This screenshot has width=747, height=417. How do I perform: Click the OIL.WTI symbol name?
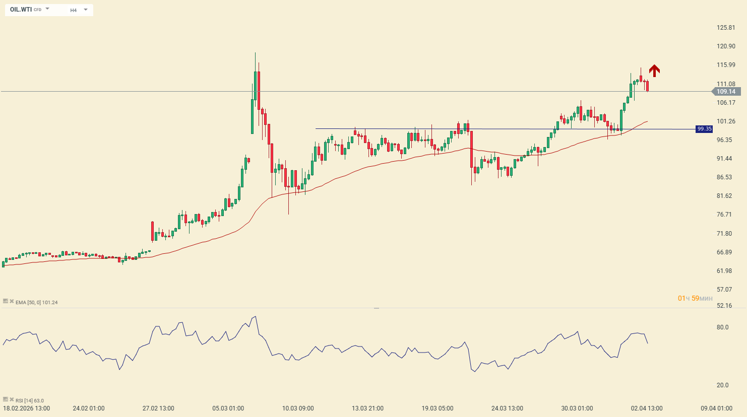pyautogui.click(x=21, y=10)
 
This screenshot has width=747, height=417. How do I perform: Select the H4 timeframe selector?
pyautogui.click(x=74, y=10)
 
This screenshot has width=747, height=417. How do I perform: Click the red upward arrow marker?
pyautogui.click(x=654, y=71)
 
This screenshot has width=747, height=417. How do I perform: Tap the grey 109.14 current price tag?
pyautogui.click(x=726, y=92)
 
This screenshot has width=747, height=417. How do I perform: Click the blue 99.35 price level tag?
pyautogui.click(x=704, y=129)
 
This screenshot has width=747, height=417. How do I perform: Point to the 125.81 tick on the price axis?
pyautogui.click(x=726, y=28)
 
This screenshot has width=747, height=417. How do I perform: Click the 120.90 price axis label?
pyautogui.click(x=726, y=46)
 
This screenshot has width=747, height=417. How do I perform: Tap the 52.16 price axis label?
pyautogui.click(x=724, y=306)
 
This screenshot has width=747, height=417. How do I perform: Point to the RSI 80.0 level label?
pyautogui.click(x=722, y=327)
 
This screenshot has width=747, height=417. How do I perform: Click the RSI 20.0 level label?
pyautogui.click(x=722, y=385)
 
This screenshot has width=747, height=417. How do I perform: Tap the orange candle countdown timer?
pyautogui.click(x=695, y=299)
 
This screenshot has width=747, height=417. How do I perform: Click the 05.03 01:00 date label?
pyautogui.click(x=228, y=408)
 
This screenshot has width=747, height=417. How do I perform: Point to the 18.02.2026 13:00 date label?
pyautogui.click(x=26, y=408)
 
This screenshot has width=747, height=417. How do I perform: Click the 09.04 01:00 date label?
pyautogui.click(x=716, y=408)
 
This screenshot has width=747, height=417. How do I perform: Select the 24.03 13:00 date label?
pyautogui.click(x=507, y=408)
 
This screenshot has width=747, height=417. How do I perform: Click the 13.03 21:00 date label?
pyautogui.click(x=367, y=408)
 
